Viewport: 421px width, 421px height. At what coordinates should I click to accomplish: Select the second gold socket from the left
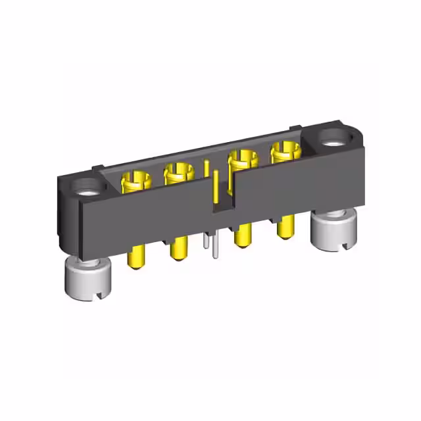(178, 173)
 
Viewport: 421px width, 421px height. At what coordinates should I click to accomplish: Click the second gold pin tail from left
(178, 251)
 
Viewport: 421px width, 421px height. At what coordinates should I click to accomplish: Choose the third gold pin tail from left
(243, 236)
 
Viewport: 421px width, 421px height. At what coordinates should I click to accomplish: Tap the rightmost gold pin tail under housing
(285, 228)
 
